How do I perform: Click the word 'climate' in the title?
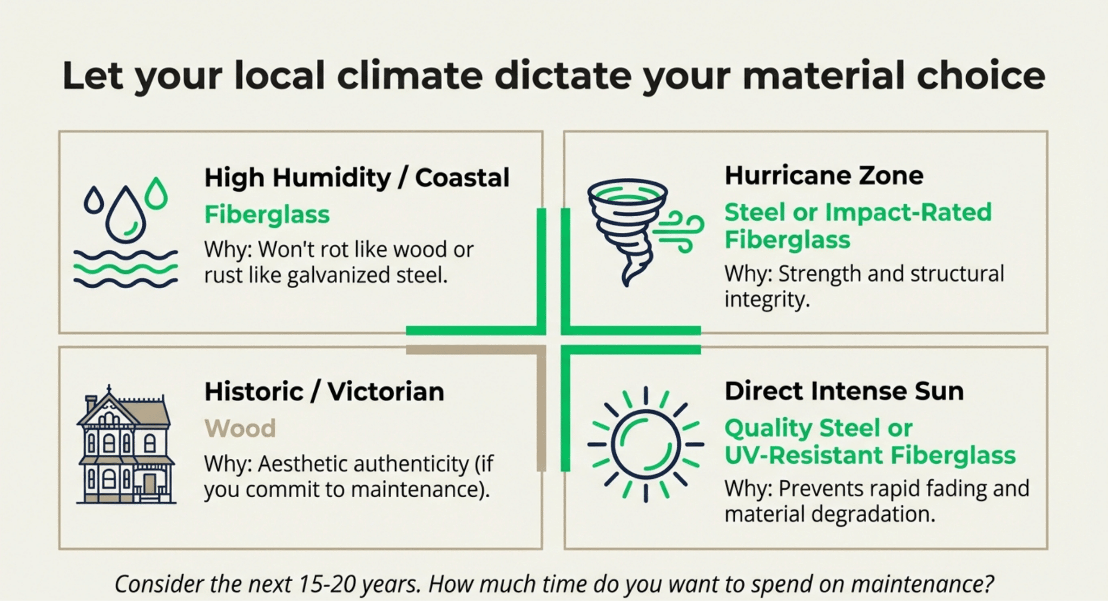click(410, 75)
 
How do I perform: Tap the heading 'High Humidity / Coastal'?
click(357, 178)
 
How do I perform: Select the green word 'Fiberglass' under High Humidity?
click(267, 215)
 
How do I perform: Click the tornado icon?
click(628, 233)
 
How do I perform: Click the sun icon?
click(645, 444)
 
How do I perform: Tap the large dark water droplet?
click(126, 215)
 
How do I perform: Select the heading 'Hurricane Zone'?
click(824, 176)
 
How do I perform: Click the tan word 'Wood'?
click(240, 429)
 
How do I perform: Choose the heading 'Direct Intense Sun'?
click(844, 391)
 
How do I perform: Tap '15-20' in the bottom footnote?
click(328, 584)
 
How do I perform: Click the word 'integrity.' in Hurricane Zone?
click(767, 299)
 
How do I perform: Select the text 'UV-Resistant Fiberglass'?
click(870, 455)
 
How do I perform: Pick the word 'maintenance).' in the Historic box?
click(420, 490)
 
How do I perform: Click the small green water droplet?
click(156, 193)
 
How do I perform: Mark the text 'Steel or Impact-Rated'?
click(858, 212)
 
